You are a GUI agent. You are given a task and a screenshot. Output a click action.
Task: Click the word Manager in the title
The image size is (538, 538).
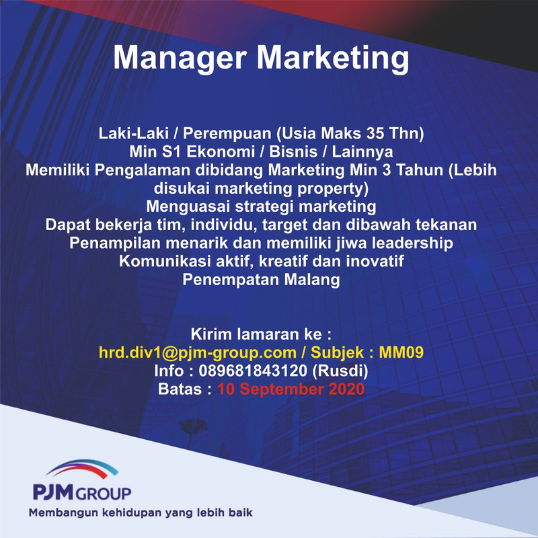point(180,57)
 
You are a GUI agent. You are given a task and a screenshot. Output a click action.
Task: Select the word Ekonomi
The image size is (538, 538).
point(221,152)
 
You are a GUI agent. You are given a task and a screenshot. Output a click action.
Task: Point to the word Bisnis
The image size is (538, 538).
point(293,152)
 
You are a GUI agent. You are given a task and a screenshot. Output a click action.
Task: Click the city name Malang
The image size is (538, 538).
point(312,280)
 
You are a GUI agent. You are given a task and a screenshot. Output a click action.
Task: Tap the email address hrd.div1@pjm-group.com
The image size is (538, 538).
point(198,352)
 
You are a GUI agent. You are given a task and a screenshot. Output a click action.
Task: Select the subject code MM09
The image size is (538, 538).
point(401,352)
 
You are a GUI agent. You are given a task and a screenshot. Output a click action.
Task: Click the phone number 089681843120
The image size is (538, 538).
point(253,371)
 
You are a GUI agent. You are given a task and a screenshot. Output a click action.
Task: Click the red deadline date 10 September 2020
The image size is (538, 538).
point(291,389)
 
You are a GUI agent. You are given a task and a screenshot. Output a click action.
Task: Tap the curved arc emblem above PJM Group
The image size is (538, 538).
point(82,468)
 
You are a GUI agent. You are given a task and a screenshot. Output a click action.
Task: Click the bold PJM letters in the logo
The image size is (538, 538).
point(54,492)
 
